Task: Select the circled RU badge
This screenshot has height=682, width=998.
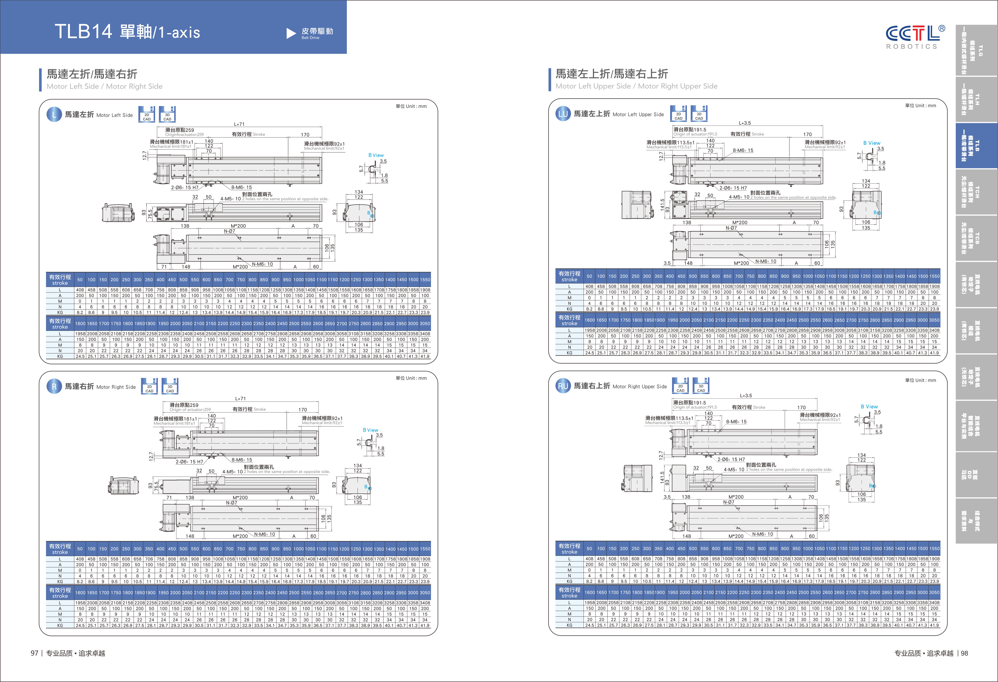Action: click(563, 386)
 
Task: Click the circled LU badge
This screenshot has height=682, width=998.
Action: click(563, 114)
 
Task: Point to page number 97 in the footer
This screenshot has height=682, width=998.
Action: click(34, 653)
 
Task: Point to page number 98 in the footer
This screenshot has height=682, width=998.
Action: click(964, 653)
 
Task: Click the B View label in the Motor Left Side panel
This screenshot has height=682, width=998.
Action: click(376, 155)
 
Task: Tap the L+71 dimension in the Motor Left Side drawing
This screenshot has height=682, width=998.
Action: click(239, 124)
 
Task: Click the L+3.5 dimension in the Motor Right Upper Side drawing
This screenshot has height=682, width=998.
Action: click(746, 396)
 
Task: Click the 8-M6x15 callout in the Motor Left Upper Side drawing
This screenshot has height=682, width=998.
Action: click(743, 150)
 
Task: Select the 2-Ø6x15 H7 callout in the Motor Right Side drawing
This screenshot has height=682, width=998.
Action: click(189, 462)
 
